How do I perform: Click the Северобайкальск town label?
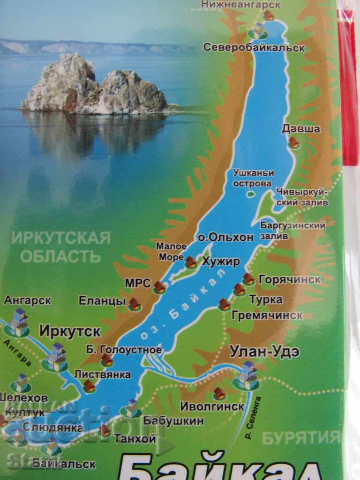(x=254, y=47)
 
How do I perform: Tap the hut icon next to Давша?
(x=294, y=142)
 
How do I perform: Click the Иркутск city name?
(x=70, y=331)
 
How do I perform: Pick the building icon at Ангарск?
(x=18, y=323)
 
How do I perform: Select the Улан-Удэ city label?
(x=264, y=351)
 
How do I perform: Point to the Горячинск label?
(x=289, y=279)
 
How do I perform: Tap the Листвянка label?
(x=102, y=374)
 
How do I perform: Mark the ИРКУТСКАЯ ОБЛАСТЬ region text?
(x=61, y=247)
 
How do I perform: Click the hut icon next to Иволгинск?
(x=219, y=393)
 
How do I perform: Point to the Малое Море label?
(x=171, y=251)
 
